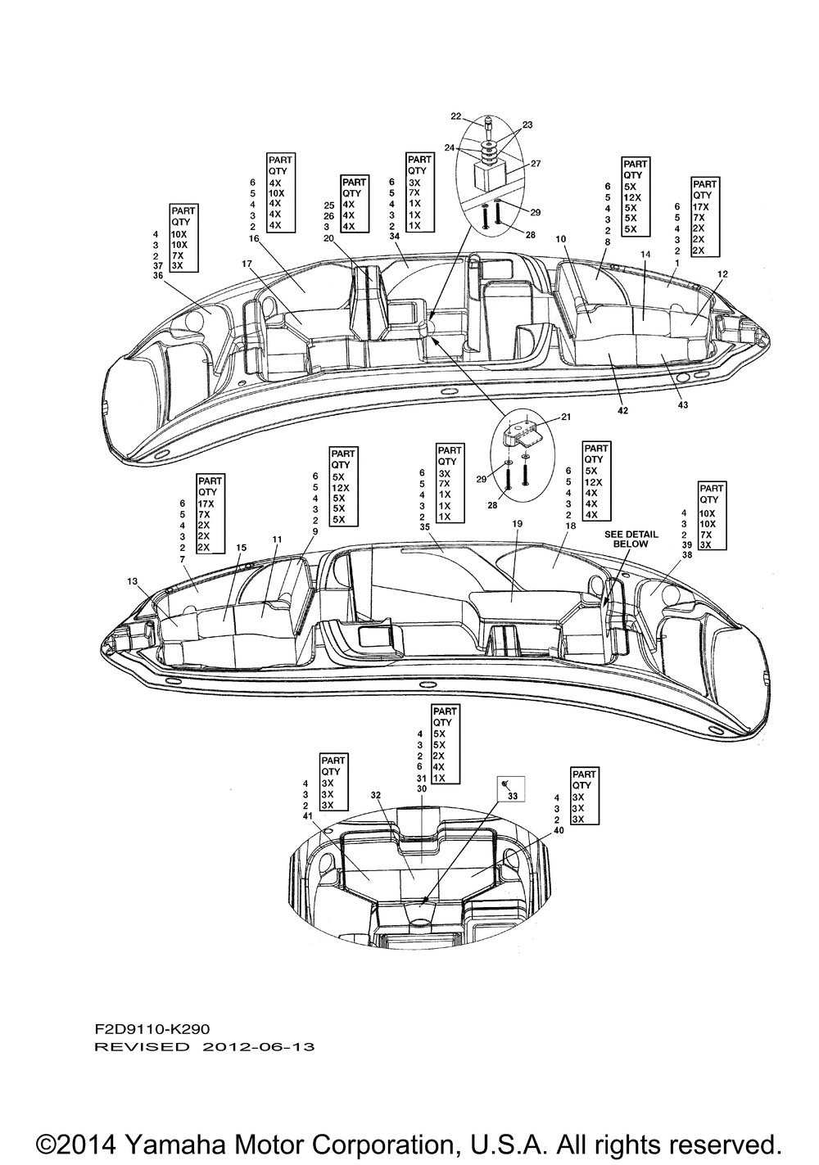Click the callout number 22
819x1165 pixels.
coord(456,116)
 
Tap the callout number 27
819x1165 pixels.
coord(536,163)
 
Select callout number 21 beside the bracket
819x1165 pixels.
coord(566,417)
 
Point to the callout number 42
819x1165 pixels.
coord(622,410)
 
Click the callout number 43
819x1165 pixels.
coord(683,404)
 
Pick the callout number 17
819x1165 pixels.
coord(247,264)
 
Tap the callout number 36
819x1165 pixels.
coord(157,276)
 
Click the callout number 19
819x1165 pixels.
coord(517,524)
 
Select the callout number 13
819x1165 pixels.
coord(132,581)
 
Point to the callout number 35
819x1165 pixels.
coord(424,526)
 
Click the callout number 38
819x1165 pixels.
coord(686,554)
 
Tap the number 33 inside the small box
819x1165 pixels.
coord(513,796)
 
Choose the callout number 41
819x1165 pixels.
coord(308,816)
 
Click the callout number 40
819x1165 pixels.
coord(559,830)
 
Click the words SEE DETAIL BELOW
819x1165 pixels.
coord(631,539)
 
